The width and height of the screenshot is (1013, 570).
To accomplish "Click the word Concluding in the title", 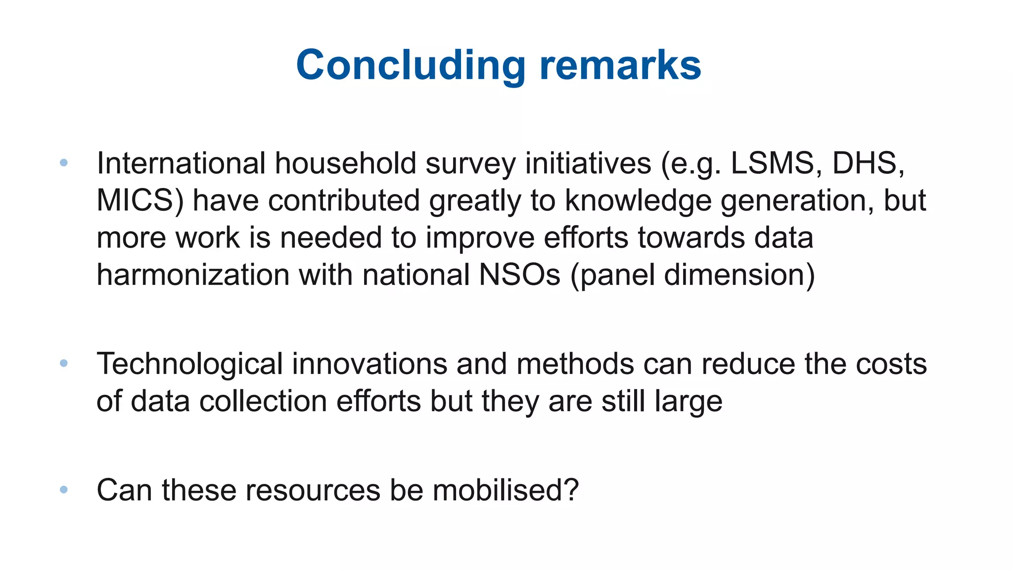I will pyautogui.click(x=411, y=65).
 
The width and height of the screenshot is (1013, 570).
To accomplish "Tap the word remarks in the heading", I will pyautogui.click(x=620, y=65).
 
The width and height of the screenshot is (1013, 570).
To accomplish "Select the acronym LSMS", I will pyautogui.click(x=772, y=163).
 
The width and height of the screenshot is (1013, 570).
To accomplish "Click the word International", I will pyautogui.click(x=181, y=163).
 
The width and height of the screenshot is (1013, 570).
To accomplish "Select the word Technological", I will pyautogui.click(x=189, y=364).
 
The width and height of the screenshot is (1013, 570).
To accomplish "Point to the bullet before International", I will pyautogui.click(x=63, y=162).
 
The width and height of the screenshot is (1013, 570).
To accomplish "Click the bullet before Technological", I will pyautogui.click(x=63, y=363).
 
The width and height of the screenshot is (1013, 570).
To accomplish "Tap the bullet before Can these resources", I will pyautogui.click(x=63, y=490).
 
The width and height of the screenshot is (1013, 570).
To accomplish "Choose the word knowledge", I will pyautogui.click(x=638, y=200).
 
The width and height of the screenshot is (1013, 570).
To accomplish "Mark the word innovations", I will pyautogui.click(x=369, y=364).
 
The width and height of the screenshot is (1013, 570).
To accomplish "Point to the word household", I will pyautogui.click(x=345, y=163).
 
